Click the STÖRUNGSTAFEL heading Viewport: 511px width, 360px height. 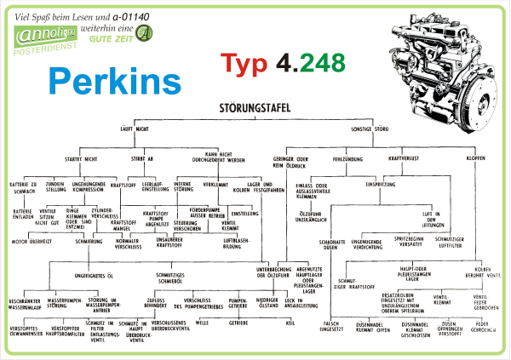pos(255,108)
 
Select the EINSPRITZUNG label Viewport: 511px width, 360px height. pos(383,183)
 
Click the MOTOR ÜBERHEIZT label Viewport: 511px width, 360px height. pos(32,241)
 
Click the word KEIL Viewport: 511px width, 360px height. pos(290,323)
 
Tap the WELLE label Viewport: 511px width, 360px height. pos(202,323)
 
